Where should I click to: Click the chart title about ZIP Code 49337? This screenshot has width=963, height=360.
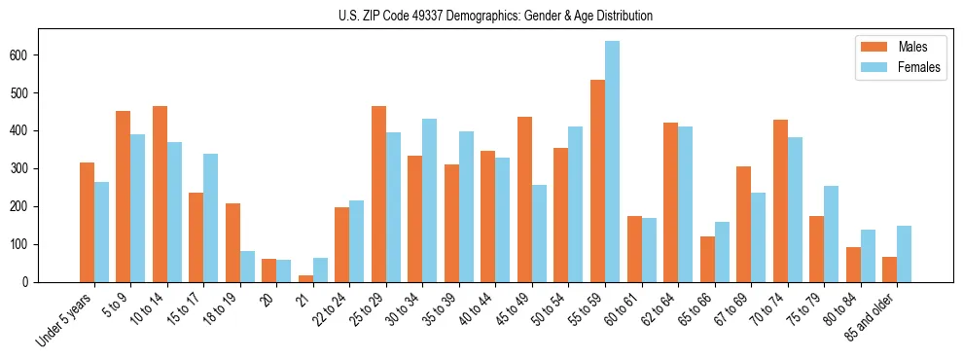[x=481, y=16]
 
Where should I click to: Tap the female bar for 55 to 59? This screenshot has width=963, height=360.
[x=613, y=162]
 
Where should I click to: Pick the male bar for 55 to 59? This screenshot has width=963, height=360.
[x=598, y=181]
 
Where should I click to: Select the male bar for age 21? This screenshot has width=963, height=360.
[x=306, y=278]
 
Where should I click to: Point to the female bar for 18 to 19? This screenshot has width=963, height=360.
[x=248, y=267]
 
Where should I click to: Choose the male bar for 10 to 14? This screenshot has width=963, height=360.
[x=160, y=195]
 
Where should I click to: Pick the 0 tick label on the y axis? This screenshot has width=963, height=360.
[x=32, y=282]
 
